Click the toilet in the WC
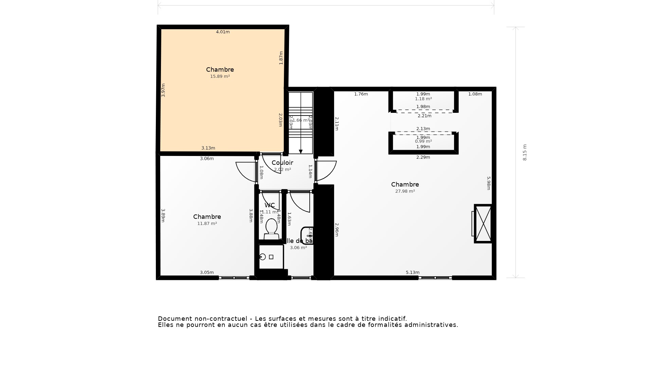[x=271, y=228]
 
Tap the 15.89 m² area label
[x=220, y=76]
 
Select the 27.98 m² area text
[x=405, y=191]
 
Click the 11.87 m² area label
[x=207, y=224]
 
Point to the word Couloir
[x=282, y=163]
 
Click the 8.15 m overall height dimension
[x=525, y=152]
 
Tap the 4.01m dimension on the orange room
[x=223, y=32]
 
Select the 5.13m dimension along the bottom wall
[x=413, y=273]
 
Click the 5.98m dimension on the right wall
[x=489, y=183]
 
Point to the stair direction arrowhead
[x=301, y=152]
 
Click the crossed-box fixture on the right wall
[x=483, y=224]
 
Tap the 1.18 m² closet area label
[x=423, y=99]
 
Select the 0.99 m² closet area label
[x=423, y=141]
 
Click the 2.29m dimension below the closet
[x=423, y=157]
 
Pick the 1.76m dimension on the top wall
[x=361, y=94]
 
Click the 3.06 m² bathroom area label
[x=298, y=248]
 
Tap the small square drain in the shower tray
[x=271, y=257]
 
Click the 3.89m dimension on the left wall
[x=163, y=215]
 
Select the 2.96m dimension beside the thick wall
[x=337, y=230]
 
